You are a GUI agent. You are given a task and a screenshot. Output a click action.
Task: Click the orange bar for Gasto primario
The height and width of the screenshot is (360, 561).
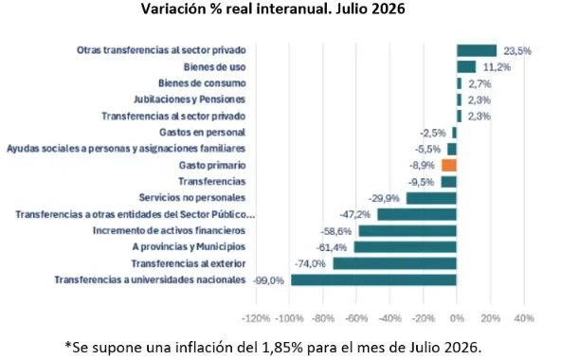(x=449, y=166)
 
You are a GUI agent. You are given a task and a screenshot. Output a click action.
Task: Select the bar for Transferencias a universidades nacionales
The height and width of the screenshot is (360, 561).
(x=373, y=279)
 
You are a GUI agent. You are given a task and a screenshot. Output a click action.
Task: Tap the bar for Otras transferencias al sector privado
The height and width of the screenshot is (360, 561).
(x=477, y=50)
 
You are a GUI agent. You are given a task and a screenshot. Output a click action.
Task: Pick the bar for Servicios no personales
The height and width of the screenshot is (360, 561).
(x=431, y=198)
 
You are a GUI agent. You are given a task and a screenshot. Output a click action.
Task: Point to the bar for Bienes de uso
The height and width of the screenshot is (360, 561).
(x=466, y=67)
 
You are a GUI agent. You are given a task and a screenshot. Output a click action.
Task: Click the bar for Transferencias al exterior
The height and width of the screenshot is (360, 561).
(x=394, y=263)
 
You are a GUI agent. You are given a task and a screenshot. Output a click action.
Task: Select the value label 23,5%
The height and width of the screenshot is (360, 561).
(x=517, y=51)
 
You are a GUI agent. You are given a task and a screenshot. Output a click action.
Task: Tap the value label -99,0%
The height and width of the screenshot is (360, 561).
(x=268, y=280)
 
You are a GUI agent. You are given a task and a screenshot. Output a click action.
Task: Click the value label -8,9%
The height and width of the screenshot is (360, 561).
(x=422, y=166)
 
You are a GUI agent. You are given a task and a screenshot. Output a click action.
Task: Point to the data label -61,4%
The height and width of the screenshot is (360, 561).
(x=332, y=247)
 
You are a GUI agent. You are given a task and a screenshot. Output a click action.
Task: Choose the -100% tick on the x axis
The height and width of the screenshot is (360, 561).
(x=289, y=318)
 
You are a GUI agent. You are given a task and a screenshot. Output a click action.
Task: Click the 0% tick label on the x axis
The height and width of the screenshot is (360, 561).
(x=457, y=318)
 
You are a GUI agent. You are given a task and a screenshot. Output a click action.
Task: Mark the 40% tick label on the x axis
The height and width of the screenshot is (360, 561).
(x=524, y=318)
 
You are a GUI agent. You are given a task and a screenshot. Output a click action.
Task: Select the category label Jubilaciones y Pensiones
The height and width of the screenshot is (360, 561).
(x=190, y=99)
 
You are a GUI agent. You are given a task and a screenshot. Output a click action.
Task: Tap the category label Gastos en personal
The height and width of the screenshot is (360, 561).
(x=203, y=133)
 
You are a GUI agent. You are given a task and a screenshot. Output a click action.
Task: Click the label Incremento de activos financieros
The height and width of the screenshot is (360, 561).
(x=170, y=230)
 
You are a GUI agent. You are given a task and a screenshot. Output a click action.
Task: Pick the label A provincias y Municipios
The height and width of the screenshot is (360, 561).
(x=189, y=247)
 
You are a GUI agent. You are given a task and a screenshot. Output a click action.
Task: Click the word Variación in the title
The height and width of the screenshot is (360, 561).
(x=172, y=9)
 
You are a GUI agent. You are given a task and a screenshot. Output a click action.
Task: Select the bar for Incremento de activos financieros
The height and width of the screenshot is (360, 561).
(x=407, y=231)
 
